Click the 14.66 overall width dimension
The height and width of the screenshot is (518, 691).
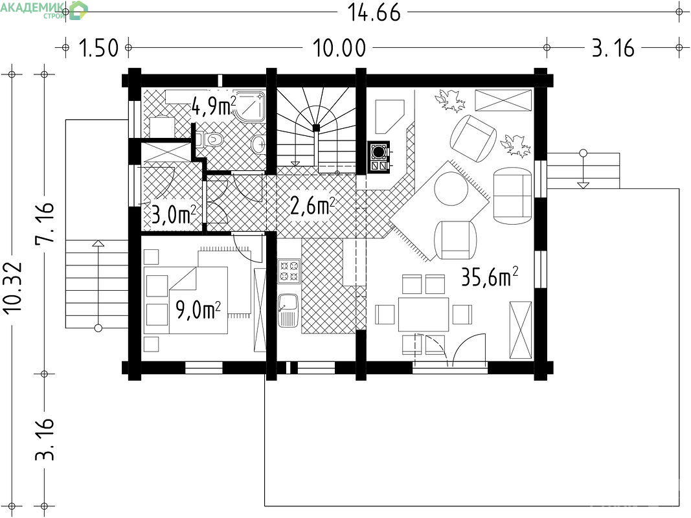click(x=374, y=12)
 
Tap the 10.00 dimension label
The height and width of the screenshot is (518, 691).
click(x=339, y=48)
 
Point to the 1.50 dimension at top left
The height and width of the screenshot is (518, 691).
click(x=98, y=48)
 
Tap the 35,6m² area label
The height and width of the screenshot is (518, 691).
click(x=489, y=277)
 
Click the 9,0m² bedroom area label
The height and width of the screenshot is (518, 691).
click(x=198, y=310)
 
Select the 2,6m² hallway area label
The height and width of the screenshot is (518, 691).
click(x=312, y=205)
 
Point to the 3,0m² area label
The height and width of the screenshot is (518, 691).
click(x=173, y=215)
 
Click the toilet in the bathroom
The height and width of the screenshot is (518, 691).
click(x=210, y=140)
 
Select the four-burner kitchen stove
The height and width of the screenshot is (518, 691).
click(x=289, y=271)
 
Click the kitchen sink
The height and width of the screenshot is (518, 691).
click(x=289, y=310)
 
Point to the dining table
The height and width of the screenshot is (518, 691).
click(x=424, y=315)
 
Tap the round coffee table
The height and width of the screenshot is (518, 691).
click(x=451, y=188)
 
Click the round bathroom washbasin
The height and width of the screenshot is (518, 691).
click(x=258, y=143)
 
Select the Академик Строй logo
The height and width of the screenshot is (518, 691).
click(x=43, y=10)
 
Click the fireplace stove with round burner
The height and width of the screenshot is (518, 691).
click(x=379, y=156)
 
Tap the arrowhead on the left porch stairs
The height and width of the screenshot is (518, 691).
click(x=98, y=243)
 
